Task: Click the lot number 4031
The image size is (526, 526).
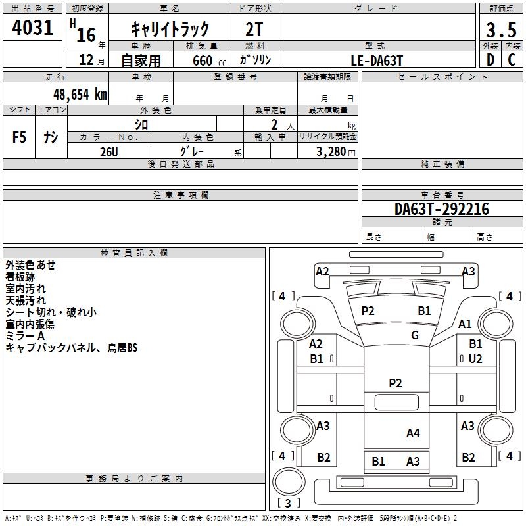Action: click(x=33, y=28)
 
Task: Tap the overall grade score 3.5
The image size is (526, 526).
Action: click(x=500, y=30)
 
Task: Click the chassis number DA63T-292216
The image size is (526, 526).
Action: click(x=441, y=209)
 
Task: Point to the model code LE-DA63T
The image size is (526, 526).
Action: click(x=377, y=60)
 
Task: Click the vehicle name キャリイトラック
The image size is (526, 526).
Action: click(x=170, y=28)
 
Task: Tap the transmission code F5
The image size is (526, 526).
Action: click(x=20, y=137)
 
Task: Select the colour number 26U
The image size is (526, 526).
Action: click(x=108, y=151)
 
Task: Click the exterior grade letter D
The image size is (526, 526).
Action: click(x=490, y=60)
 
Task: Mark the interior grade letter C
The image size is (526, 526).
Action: click(x=511, y=60)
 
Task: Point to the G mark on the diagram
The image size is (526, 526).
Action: click(x=414, y=335)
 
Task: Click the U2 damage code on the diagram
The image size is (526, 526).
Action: click(x=475, y=358)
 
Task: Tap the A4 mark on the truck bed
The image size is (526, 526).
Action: click(x=413, y=433)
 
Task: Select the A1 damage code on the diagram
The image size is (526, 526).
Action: click(x=466, y=323)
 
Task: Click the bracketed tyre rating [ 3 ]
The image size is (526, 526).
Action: click(x=289, y=503)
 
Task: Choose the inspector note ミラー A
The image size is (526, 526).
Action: click(x=25, y=336)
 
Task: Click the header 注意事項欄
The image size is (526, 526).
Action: click(x=181, y=195)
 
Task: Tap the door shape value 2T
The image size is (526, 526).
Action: click(x=256, y=29)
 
